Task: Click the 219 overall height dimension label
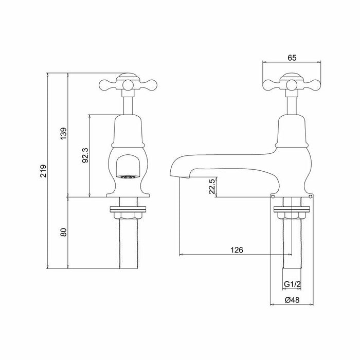click(43, 171)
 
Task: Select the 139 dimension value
click(64, 133)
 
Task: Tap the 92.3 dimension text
click(86, 155)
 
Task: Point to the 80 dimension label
click(64, 232)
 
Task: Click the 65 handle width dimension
click(292, 58)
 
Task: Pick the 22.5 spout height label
click(212, 186)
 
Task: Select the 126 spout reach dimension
click(237, 250)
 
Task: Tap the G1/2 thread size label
click(292, 284)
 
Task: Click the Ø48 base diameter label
click(292, 300)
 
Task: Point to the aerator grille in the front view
click(127, 177)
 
